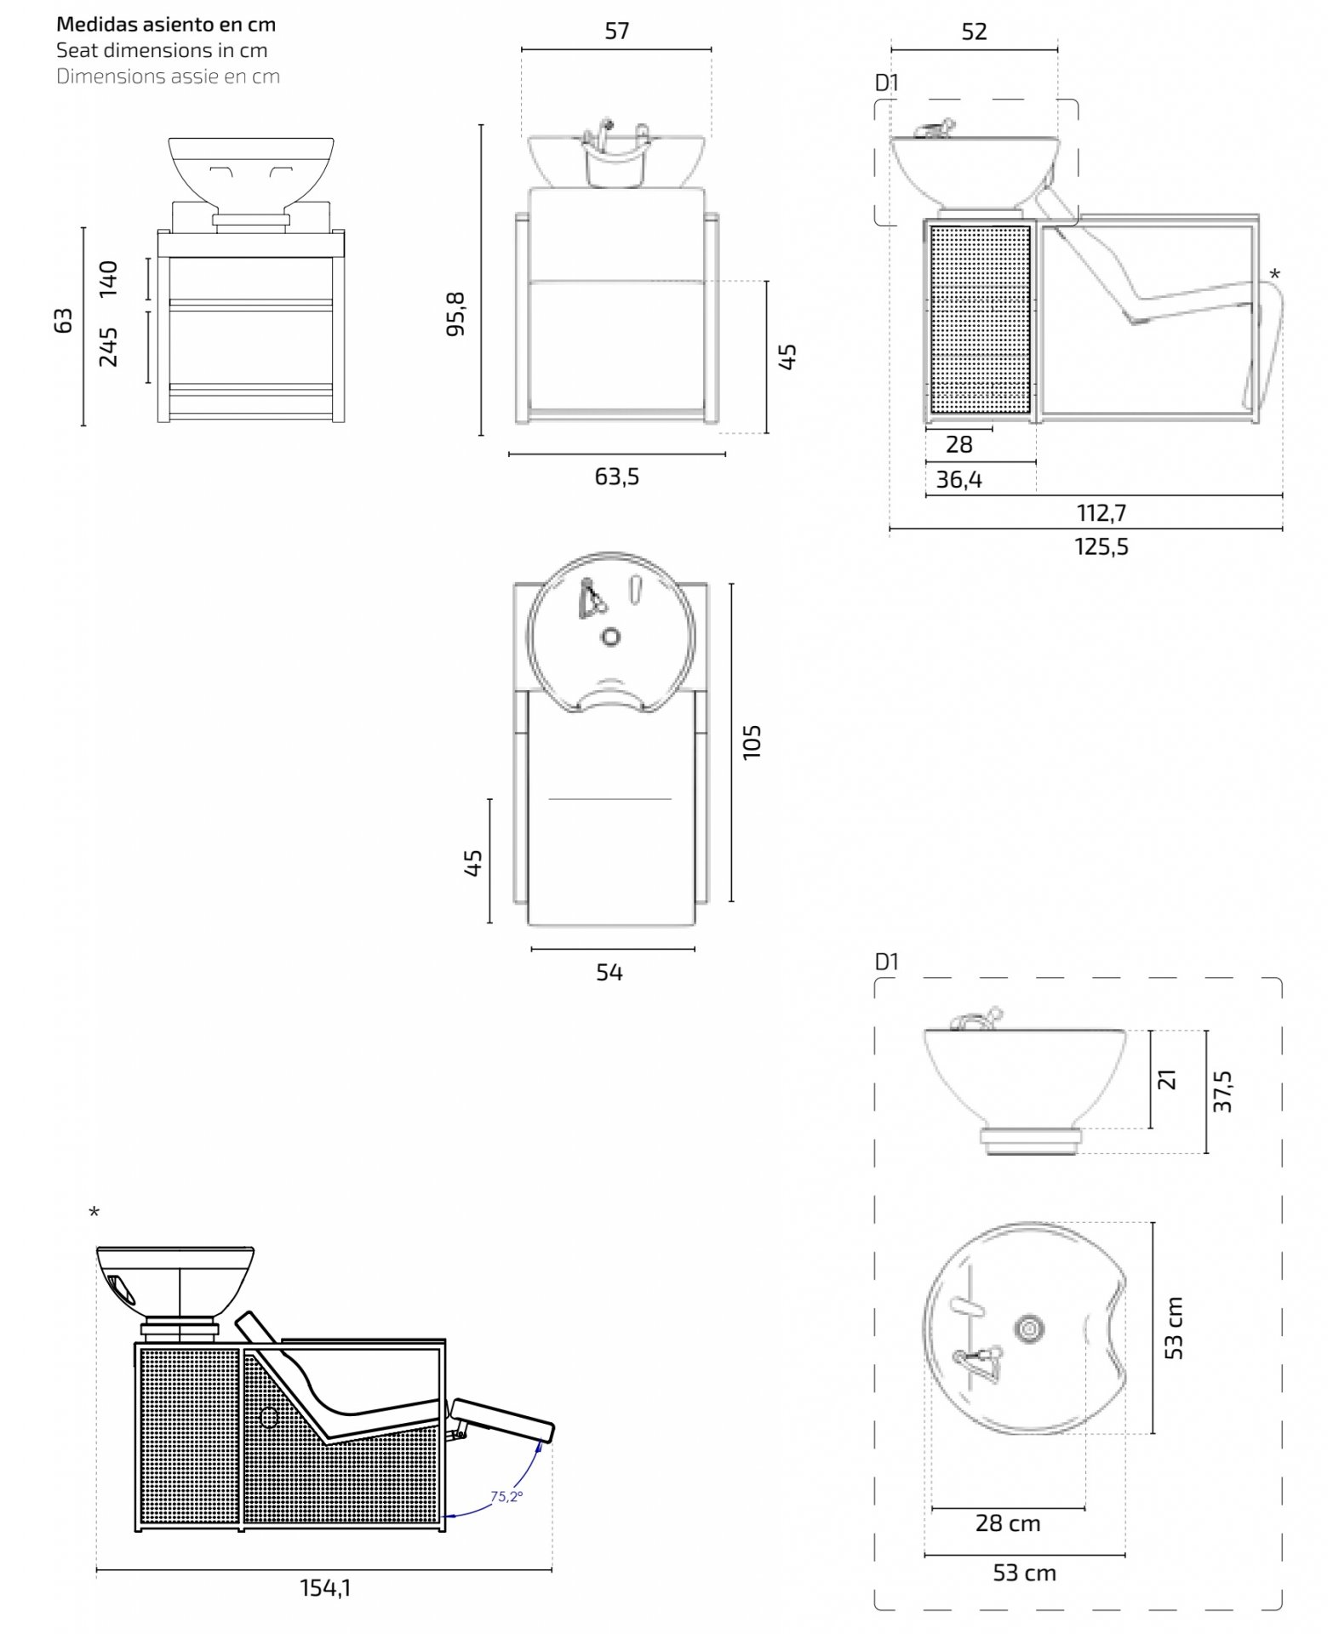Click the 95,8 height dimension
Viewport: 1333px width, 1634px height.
(x=457, y=313)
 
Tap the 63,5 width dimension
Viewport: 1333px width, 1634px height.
(x=616, y=477)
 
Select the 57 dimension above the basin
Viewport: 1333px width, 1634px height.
(x=617, y=31)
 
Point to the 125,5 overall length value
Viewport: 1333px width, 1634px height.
(x=1101, y=546)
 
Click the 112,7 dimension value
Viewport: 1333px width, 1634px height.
(x=1101, y=513)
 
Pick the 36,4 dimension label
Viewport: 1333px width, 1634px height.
(x=959, y=480)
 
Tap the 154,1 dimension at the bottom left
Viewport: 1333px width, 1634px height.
(x=325, y=1588)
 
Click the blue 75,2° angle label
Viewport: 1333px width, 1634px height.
(x=506, y=1496)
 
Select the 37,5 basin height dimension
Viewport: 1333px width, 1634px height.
(x=1222, y=1091)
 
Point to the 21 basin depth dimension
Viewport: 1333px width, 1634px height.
(x=1167, y=1079)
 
